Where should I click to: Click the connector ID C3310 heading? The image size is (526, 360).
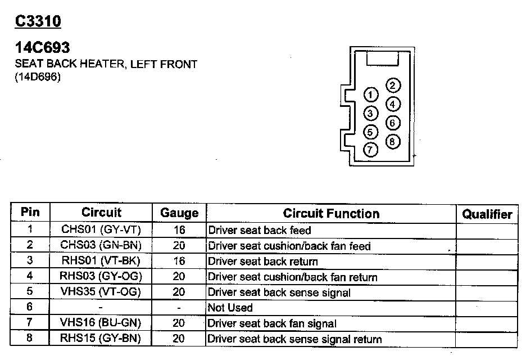coord(38,21)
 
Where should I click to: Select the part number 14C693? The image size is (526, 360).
coord(42,48)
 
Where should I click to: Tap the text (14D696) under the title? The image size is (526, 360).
coord(38,77)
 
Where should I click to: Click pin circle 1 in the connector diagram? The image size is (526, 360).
coord(370,94)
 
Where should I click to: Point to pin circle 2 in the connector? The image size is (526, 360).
coord(393,85)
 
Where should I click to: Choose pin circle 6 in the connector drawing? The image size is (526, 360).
coord(393,123)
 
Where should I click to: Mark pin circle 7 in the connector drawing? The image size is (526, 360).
coord(370,150)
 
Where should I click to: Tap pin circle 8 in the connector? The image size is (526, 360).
coord(393,141)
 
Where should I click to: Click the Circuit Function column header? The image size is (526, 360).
coord(331,214)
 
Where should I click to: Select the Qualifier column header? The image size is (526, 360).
coord(487,214)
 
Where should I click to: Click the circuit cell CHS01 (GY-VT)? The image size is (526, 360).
coord(101,230)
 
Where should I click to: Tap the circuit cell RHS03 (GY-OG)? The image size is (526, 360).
coord(101,277)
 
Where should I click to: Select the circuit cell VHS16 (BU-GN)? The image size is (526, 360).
coord(101,323)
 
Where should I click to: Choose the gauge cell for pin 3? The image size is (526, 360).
coord(179,261)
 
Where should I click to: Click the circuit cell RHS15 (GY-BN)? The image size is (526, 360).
coord(101,339)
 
